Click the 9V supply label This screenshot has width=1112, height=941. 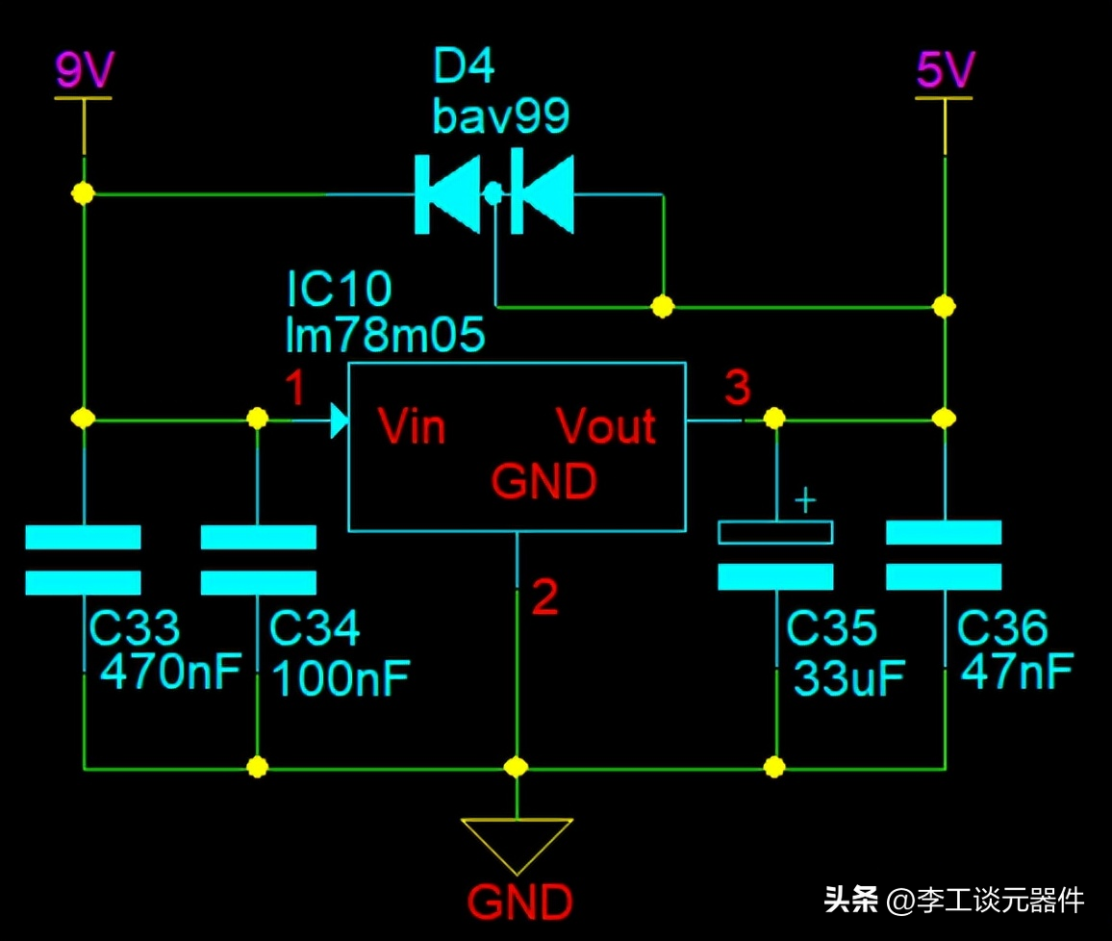click(x=84, y=69)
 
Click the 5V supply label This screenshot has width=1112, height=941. click(x=945, y=69)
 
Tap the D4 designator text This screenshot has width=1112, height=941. click(x=464, y=68)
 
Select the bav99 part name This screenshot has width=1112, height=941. click(x=500, y=115)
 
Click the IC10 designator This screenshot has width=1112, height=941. click(x=339, y=289)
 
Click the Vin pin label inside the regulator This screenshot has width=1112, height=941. click(x=412, y=426)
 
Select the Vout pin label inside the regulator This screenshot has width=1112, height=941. click(x=606, y=426)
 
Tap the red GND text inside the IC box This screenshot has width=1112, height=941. click(x=543, y=481)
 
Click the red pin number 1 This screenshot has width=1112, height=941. click(x=295, y=390)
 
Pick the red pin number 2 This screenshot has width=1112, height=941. click(x=544, y=598)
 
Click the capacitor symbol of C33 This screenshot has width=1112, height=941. click(x=83, y=559)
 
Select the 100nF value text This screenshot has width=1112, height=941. click(x=341, y=678)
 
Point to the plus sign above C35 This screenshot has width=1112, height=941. click(x=805, y=500)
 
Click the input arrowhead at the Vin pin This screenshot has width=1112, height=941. click(x=338, y=420)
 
